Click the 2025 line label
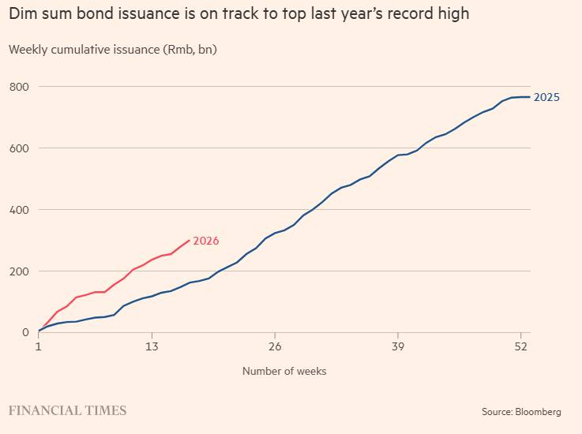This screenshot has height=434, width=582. pos(547,97)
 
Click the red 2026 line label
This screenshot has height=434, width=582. pos(206,241)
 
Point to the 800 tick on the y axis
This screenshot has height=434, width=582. pos(20,86)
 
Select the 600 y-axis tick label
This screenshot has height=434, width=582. pos(20,148)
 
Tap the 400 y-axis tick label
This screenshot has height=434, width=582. pos(20,209)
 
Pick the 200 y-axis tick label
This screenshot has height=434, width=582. pos(20,271)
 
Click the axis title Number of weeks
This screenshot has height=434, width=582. pos(284,371)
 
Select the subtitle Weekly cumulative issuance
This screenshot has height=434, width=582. pos(112,50)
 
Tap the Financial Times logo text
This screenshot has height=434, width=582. pos(67,410)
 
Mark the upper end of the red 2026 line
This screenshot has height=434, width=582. pos(189,240)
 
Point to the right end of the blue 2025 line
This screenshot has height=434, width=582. pos(530,97)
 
